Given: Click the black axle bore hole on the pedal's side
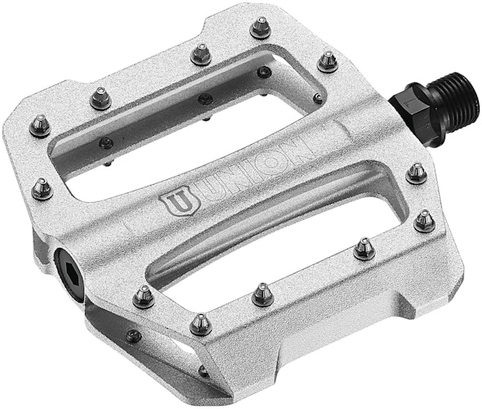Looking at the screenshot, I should [x=66, y=261].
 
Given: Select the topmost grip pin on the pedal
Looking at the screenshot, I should [x=261, y=29].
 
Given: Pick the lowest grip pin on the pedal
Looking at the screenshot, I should [x=200, y=325].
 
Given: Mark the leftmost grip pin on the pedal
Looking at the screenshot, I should [x=38, y=125].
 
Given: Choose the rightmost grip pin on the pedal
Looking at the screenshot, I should [x=425, y=219].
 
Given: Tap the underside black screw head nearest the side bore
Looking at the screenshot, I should [x=132, y=335].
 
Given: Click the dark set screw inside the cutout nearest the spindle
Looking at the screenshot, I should [x=317, y=98].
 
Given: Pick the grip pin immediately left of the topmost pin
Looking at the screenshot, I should [x=201, y=54].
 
